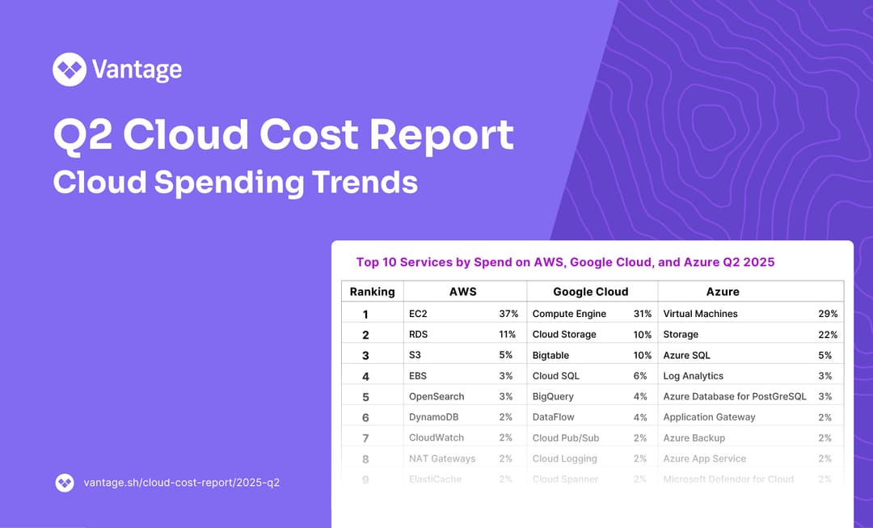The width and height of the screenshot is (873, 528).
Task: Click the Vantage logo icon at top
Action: coord(70,70)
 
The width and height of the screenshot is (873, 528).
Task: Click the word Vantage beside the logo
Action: coord(137,70)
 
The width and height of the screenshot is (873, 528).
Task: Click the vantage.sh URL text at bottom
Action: coord(182,483)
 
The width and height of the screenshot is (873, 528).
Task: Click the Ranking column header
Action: coord(372,291)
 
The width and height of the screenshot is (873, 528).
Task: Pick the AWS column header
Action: coord(463,291)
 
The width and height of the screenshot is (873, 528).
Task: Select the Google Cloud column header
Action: coord(590,291)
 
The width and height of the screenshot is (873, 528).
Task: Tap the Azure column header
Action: coord(723,291)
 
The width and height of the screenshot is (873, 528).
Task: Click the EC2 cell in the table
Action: coord(418,314)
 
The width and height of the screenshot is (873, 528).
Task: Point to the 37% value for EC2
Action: coord(508,314)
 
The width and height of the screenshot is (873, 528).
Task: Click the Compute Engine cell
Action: coord(569,314)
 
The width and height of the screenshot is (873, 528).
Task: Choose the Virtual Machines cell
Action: coord(700,314)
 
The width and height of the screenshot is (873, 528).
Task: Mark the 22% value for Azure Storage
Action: coord(828,335)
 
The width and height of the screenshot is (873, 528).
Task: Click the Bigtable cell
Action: coord(550,356)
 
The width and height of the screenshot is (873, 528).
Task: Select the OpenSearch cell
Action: coord(436,397)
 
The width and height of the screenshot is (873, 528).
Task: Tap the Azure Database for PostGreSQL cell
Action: coord(735,397)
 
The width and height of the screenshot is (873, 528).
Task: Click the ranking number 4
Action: coord(365,376)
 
